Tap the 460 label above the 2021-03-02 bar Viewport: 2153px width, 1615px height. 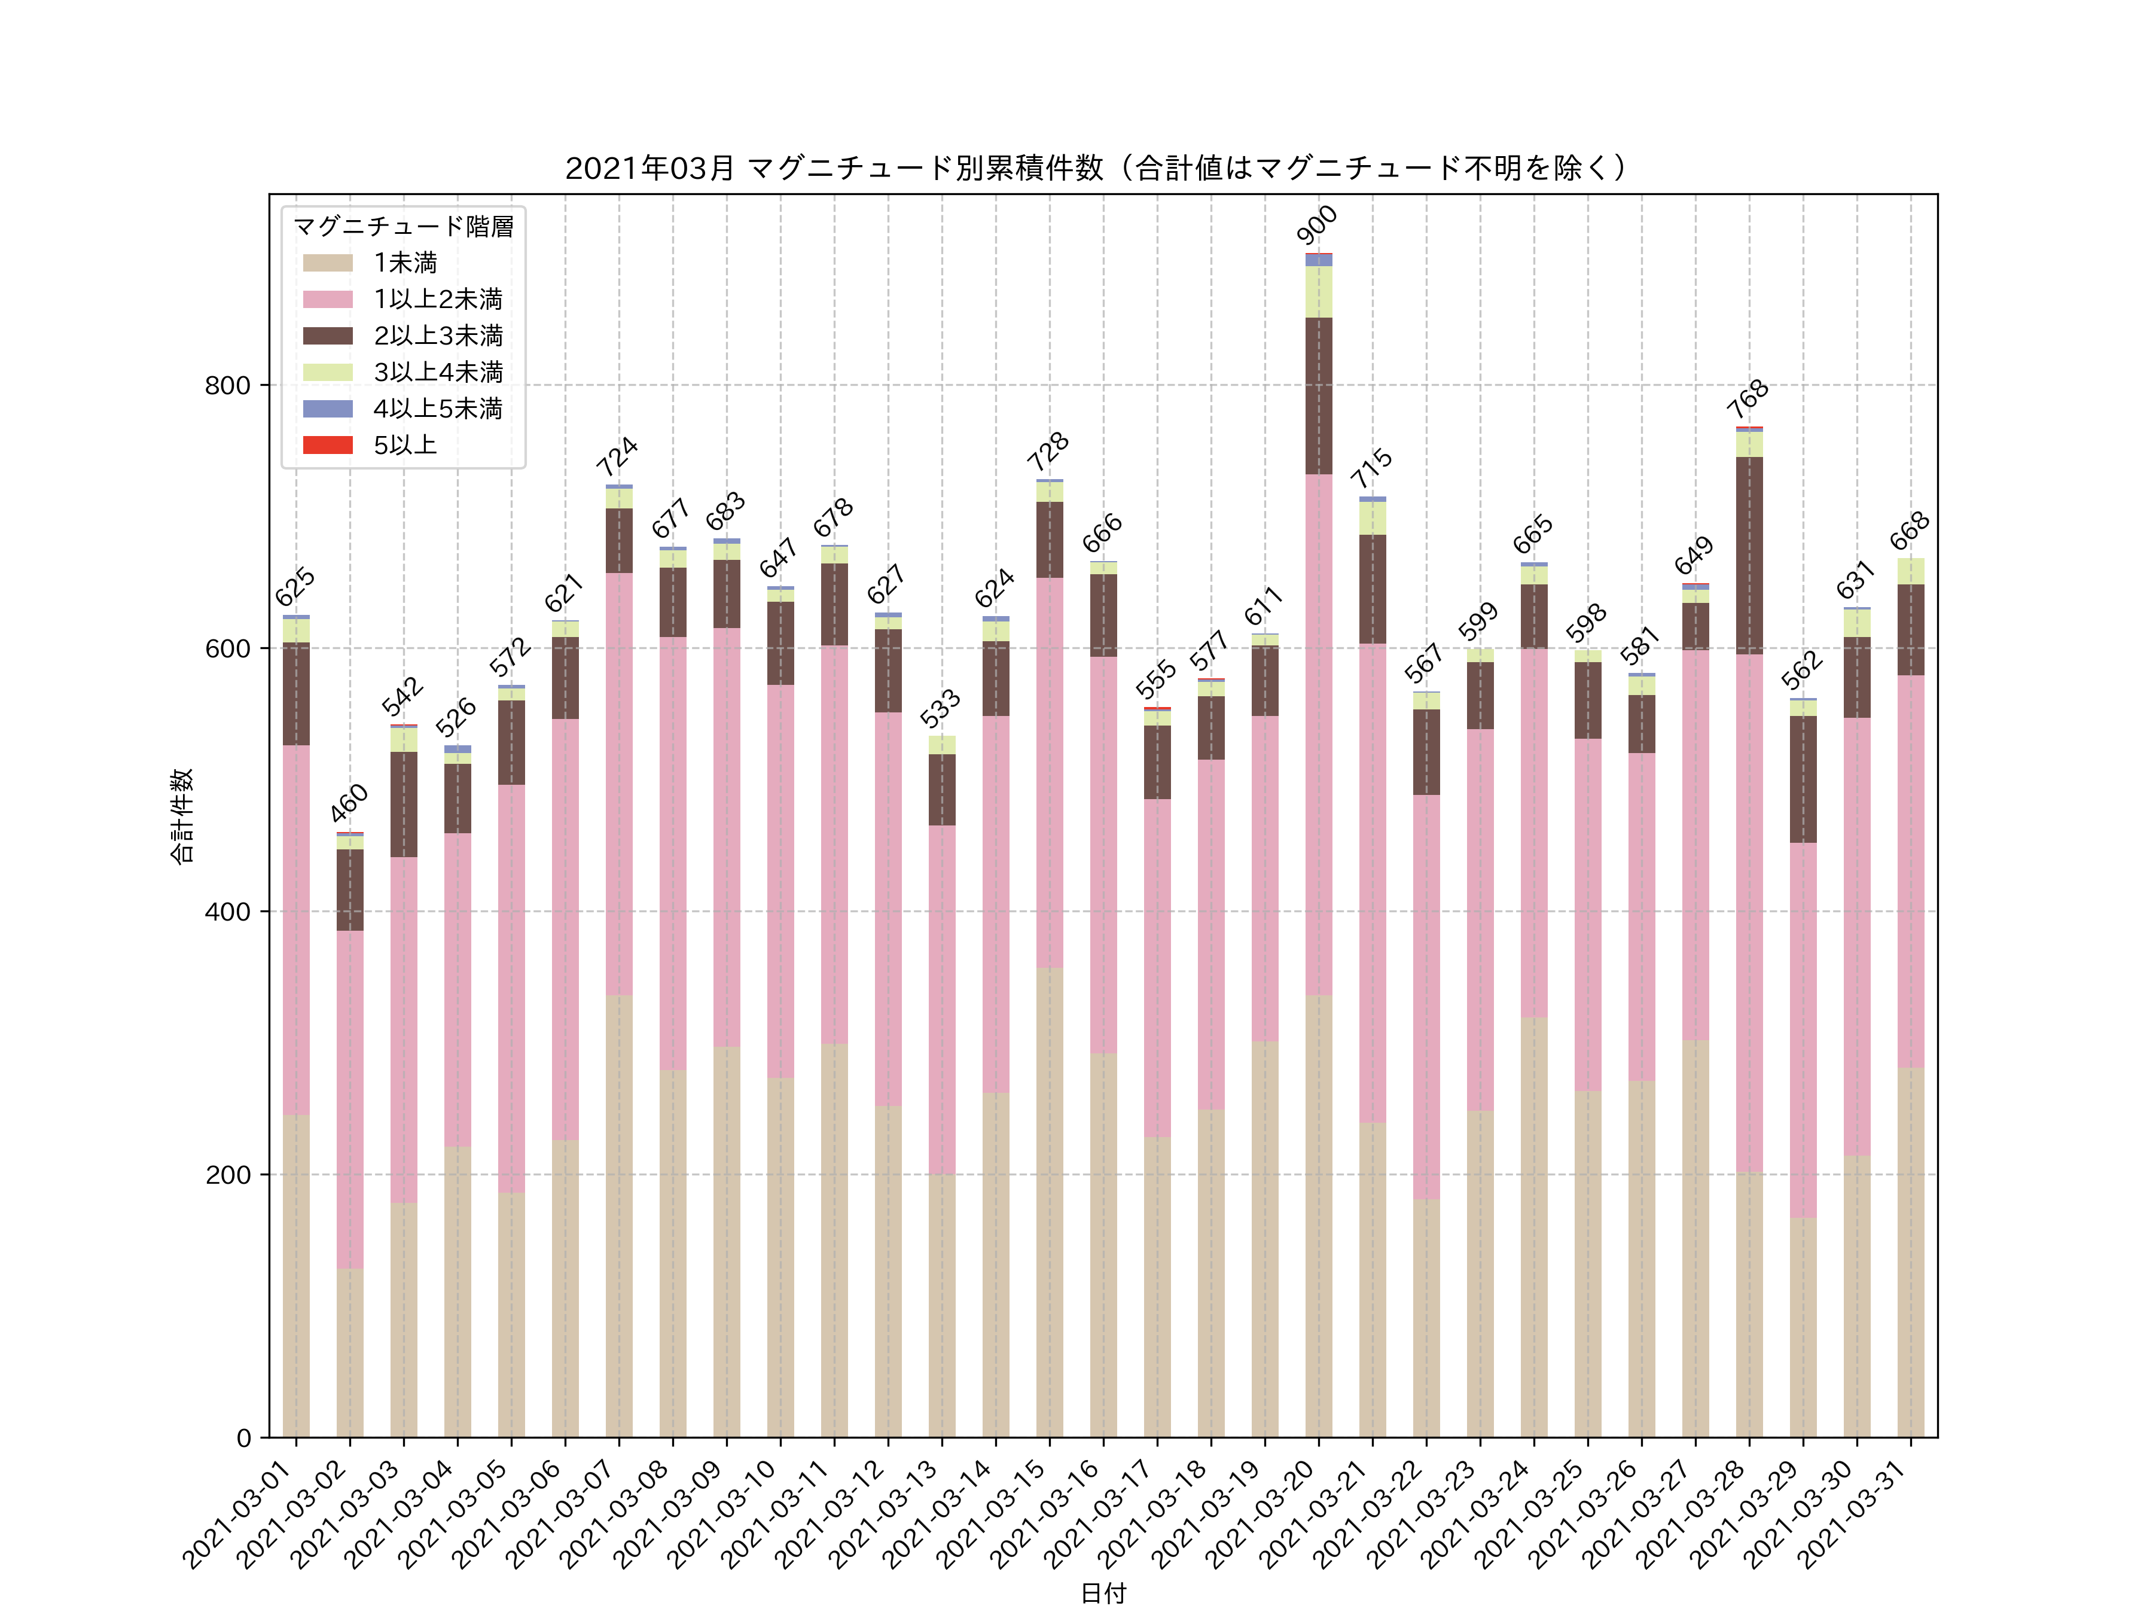point(349,803)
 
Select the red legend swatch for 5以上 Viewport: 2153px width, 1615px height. point(327,445)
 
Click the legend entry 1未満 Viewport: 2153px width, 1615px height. point(405,263)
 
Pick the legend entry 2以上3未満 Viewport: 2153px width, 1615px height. point(437,336)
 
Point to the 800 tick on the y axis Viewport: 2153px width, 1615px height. point(227,385)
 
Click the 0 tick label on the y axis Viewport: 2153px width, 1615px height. point(243,1438)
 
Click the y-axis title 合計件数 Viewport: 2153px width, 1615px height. point(182,816)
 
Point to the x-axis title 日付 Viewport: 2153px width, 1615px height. point(1103,1593)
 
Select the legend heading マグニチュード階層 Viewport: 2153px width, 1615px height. point(403,227)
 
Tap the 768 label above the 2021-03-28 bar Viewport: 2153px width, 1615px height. point(1748,399)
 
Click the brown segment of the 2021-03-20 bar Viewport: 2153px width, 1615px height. point(1319,395)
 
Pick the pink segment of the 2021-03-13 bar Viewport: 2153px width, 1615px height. point(941,999)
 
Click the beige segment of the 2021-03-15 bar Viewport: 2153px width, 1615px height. point(1049,1202)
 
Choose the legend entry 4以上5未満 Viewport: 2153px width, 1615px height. point(437,409)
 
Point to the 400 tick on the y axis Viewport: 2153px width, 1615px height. point(227,912)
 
